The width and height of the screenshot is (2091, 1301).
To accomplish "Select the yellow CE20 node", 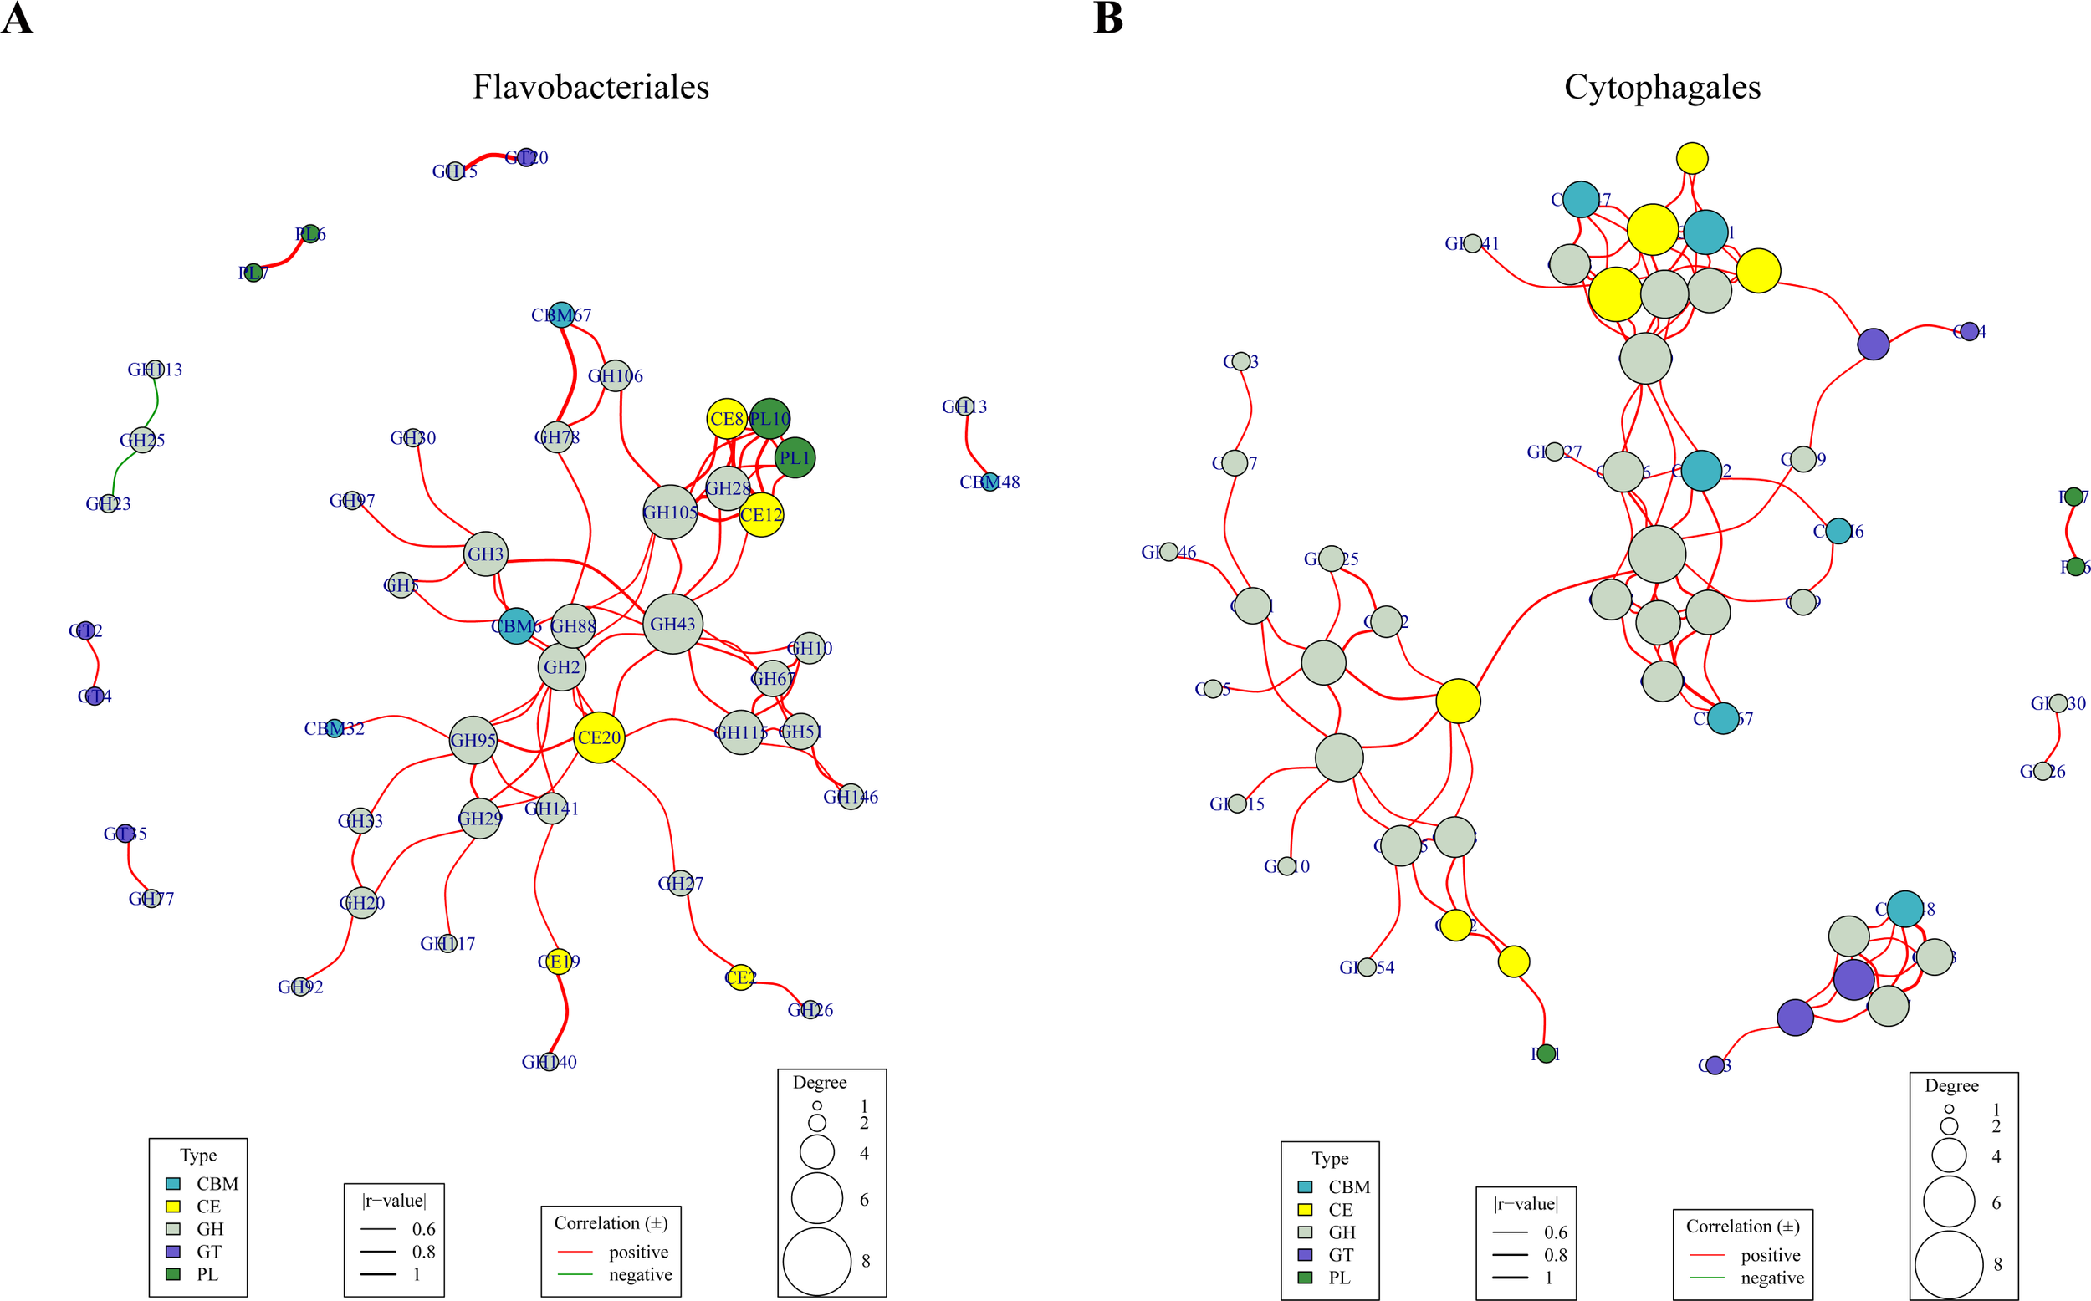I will pos(599,737).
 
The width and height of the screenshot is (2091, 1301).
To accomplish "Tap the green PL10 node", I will pos(770,419).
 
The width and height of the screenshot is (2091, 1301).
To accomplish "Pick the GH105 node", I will pos(670,512).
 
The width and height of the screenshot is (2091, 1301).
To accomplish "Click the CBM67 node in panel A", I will pos(561,315).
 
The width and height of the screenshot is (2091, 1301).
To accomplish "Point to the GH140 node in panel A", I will pos(549,1062).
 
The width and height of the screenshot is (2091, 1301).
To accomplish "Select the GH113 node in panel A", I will pos(155,369).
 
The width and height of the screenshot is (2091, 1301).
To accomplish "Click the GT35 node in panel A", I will pos(125,833).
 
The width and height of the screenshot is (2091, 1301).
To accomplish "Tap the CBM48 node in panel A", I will pos(990,482).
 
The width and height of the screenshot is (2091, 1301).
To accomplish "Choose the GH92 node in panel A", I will pos(300,986).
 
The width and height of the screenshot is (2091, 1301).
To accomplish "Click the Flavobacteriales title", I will pos(590,87).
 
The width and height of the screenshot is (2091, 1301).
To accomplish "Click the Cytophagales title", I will pos(1662,87).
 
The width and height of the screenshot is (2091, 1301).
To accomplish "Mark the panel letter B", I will pos(1107,18).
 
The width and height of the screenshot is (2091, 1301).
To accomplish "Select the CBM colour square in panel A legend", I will pos(173,1184).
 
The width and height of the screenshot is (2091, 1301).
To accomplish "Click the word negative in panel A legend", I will pos(640,1274).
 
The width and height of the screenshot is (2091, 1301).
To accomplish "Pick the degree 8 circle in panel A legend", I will pos(816,1262).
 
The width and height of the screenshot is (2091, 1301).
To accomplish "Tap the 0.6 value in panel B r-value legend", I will pos(1555,1232).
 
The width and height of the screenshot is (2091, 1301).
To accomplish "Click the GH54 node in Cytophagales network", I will pos(1367,967).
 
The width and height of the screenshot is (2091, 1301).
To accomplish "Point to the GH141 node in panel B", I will pos(1472,243).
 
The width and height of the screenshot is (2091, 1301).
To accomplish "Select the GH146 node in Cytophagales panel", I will pos(1168,552).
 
